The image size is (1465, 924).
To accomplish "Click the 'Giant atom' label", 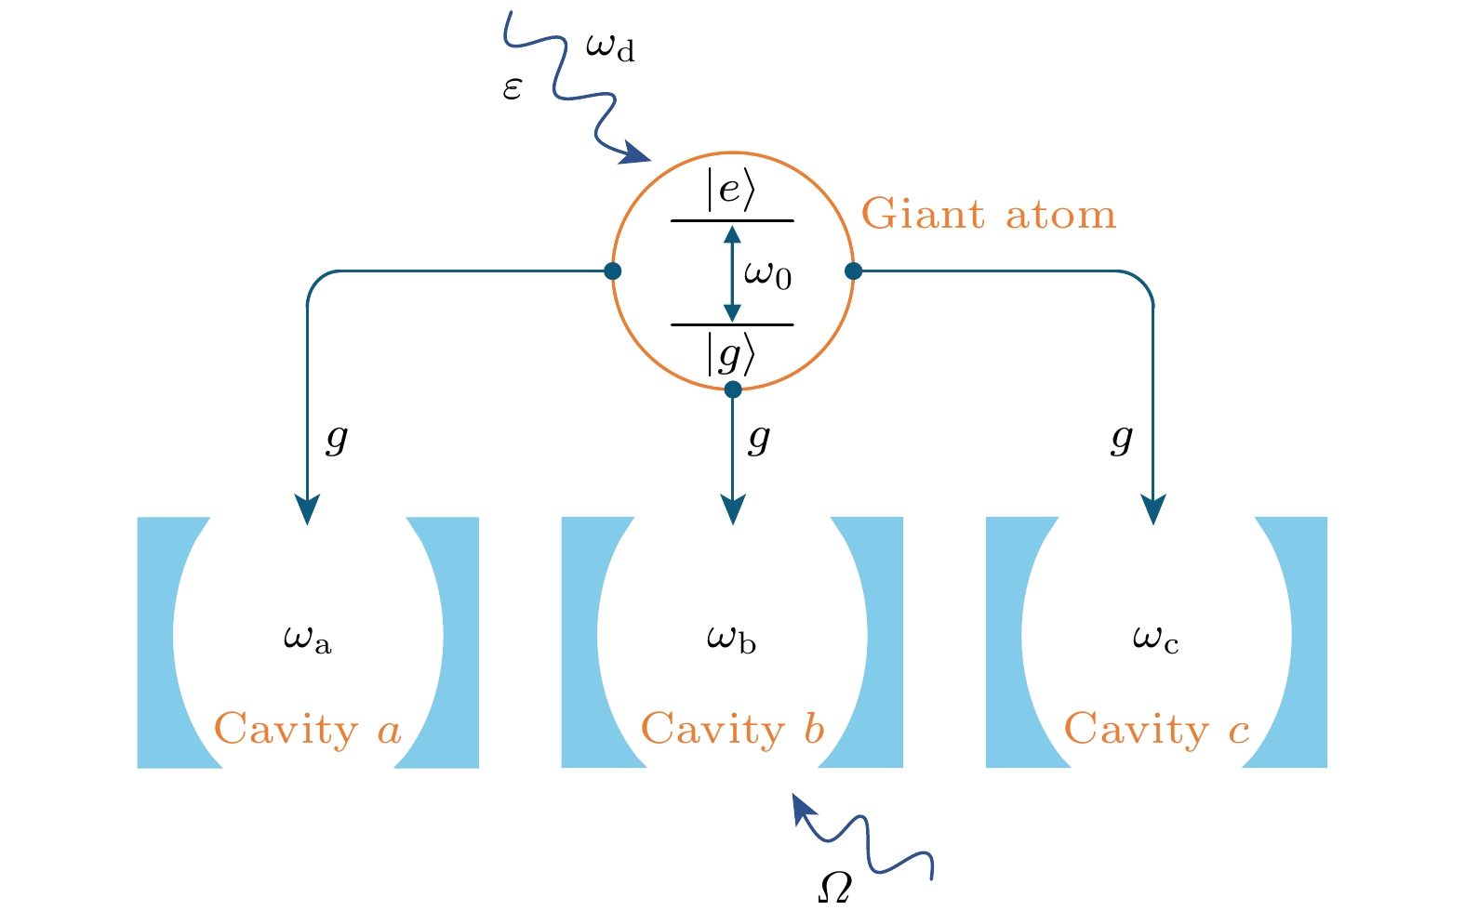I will (x=988, y=215).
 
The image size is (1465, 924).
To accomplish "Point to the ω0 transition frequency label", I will (x=767, y=274).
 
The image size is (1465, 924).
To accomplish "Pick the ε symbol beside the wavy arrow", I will (x=513, y=89).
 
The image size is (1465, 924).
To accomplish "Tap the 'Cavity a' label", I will (x=308, y=730).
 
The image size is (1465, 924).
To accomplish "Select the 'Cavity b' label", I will (x=733, y=730).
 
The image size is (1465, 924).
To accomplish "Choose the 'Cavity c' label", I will (x=1156, y=730).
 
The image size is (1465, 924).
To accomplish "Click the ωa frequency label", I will (x=308, y=639).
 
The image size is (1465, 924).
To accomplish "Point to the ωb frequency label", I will (x=732, y=639).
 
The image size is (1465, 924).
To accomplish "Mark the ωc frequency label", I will (x=1156, y=639).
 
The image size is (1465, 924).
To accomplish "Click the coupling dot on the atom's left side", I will (x=612, y=271).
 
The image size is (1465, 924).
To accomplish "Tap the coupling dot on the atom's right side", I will (x=853, y=271).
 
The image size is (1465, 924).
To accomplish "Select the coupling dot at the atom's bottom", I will (x=733, y=389).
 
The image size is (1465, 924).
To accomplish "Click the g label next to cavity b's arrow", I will (x=759, y=437).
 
